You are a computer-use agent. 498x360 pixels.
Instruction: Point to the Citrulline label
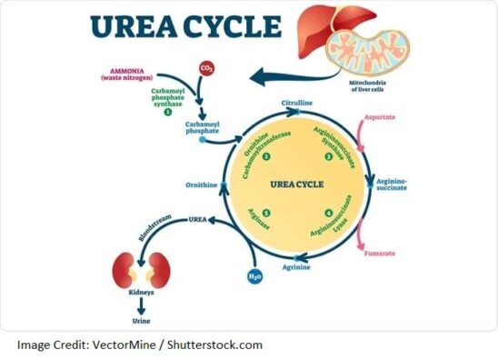[297, 104]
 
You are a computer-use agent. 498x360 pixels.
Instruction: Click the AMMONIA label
[129, 68]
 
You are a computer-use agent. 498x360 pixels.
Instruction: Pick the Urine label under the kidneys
[141, 323]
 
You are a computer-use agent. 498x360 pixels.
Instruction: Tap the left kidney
[126, 271]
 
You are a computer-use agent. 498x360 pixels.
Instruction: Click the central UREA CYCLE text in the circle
[296, 185]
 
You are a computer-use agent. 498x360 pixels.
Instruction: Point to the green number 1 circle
[167, 112]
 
